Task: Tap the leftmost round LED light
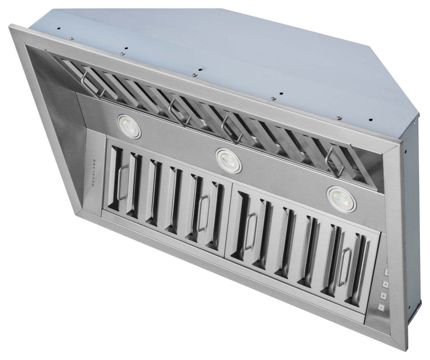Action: pyautogui.click(x=129, y=126)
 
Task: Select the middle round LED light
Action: pyautogui.click(x=228, y=160)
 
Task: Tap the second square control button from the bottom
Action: pyautogui.click(x=384, y=296)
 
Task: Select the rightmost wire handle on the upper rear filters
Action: pyautogui.click(x=334, y=161)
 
